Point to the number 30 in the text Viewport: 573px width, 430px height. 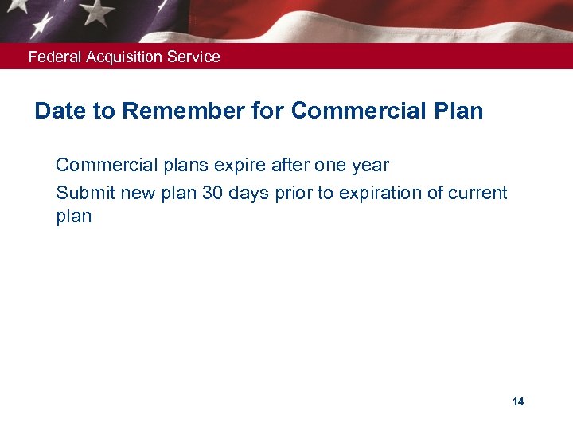click(x=212, y=193)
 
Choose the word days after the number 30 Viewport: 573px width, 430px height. click(x=250, y=193)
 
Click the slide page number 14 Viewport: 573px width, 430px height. click(x=518, y=401)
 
